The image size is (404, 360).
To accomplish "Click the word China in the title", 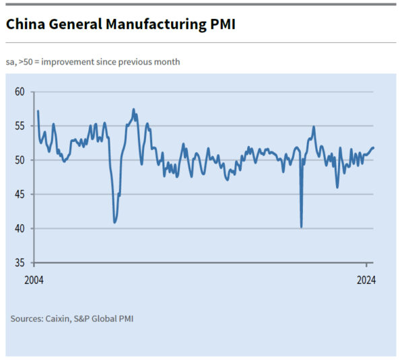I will (x=24, y=25).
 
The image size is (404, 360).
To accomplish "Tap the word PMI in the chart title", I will (x=222, y=25).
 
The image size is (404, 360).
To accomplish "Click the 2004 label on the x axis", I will (x=34, y=280).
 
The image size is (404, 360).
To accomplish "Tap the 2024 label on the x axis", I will (x=366, y=280).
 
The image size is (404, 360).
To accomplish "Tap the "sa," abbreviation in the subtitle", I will (x=13, y=62).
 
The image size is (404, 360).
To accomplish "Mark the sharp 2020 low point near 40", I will (x=301, y=227).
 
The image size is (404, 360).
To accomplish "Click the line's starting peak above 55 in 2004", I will (x=38, y=111).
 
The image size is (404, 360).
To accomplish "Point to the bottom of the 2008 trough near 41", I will (x=115, y=222).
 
